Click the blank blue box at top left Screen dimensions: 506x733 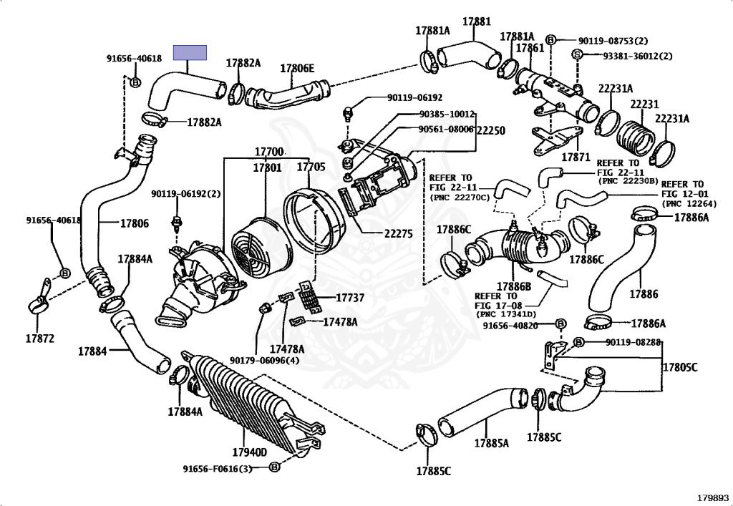coord(190,52)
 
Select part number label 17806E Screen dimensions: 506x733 coord(297,69)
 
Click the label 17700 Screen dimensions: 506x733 coord(269,152)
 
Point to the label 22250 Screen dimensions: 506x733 coord(491,130)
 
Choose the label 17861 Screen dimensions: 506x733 coord(530,47)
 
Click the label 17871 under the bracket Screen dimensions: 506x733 coord(575,156)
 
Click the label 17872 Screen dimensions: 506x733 coord(40,338)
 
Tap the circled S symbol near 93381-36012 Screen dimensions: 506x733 coord(577,55)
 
